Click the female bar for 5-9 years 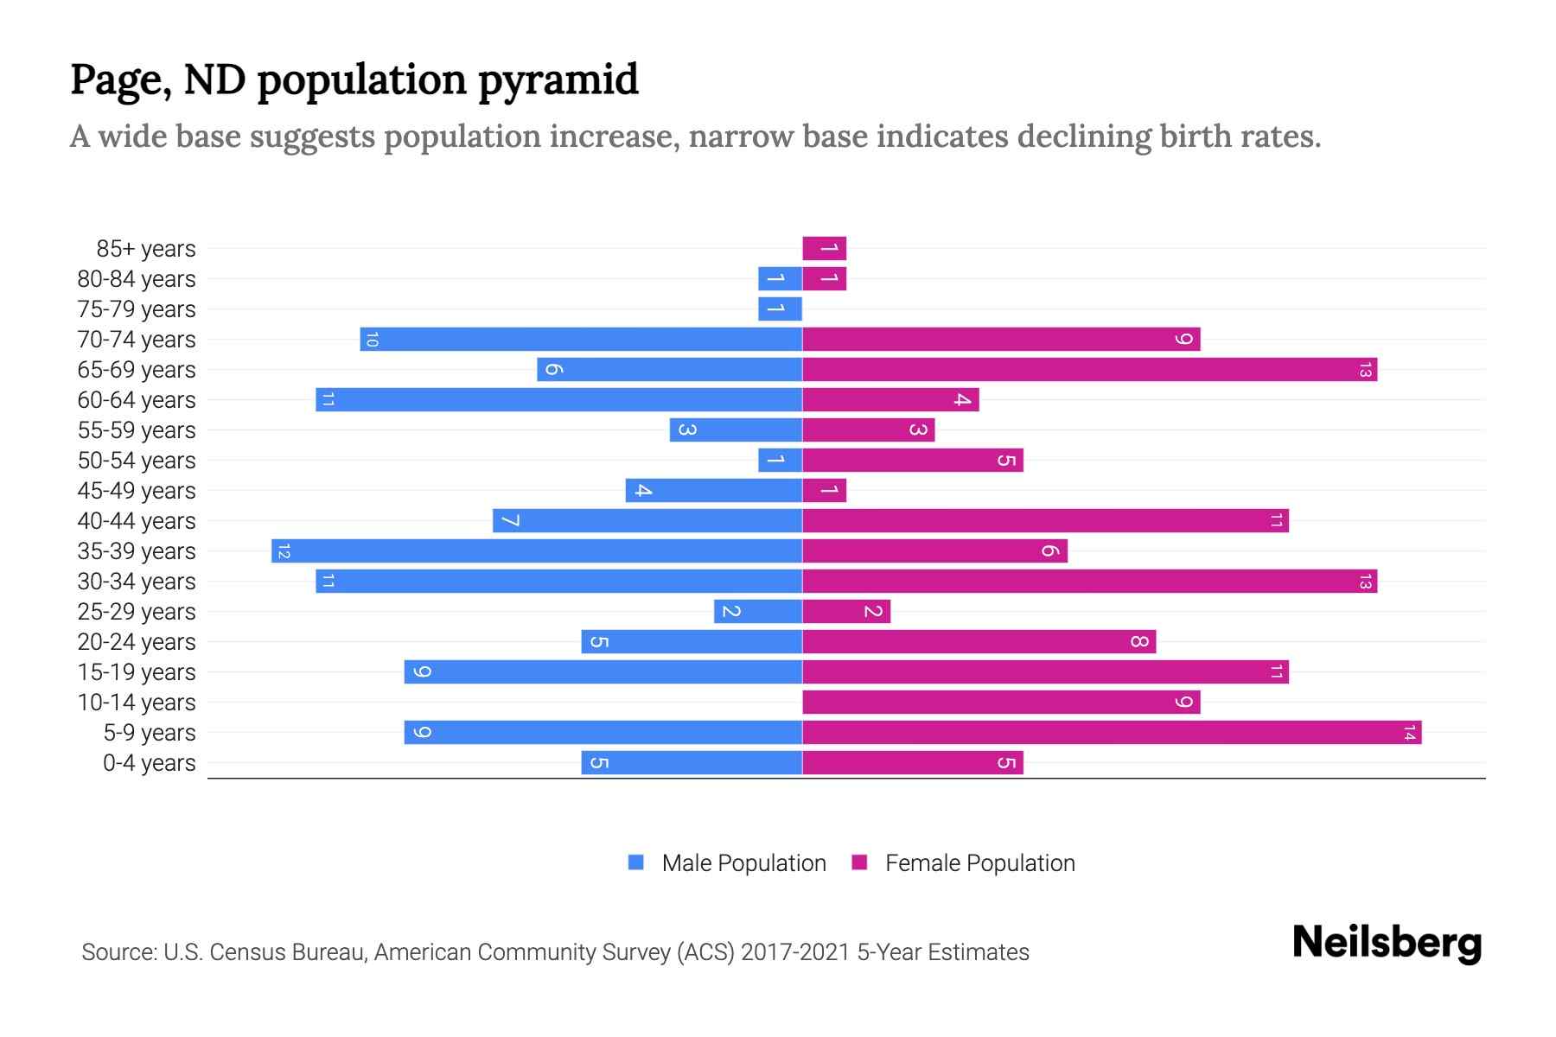1111,733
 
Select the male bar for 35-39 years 536,551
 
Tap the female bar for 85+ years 824,249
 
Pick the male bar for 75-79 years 780,309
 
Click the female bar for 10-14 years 1000,703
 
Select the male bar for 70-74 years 581,340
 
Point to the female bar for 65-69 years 1089,370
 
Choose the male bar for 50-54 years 780,461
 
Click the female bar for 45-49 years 824,491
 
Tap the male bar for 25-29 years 758,612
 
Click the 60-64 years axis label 137,400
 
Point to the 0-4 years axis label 149,763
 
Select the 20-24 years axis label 137,642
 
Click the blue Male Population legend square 636,862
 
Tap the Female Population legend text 979,863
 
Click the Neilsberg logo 1387,942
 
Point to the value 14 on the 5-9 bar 1409,733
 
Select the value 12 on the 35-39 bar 284,551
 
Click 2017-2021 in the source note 795,952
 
